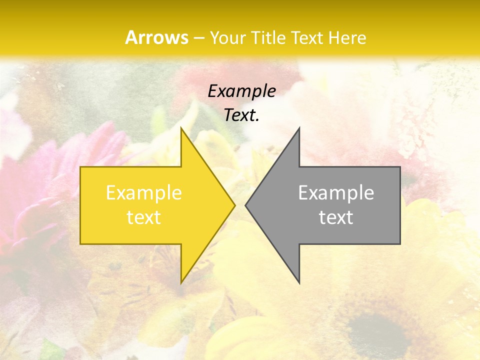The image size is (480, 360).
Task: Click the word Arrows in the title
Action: tap(156, 37)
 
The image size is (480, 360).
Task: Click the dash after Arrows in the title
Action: tap(199, 38)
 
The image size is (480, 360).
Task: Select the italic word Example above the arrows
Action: tap(242, 91)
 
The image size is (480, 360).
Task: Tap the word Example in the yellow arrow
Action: tap(144, 192)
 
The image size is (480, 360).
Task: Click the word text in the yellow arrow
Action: tap(144, 217)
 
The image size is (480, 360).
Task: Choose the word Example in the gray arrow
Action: tap(336, 192)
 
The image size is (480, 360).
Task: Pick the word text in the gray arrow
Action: tap(336, 217)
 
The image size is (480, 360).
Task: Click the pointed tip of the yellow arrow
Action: tap(234, 205)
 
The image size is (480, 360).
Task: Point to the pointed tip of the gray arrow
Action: tap(246, 205)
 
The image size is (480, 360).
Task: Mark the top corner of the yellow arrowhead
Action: tap(182, 129)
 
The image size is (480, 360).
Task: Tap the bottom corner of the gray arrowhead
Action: tap(299, 281)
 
